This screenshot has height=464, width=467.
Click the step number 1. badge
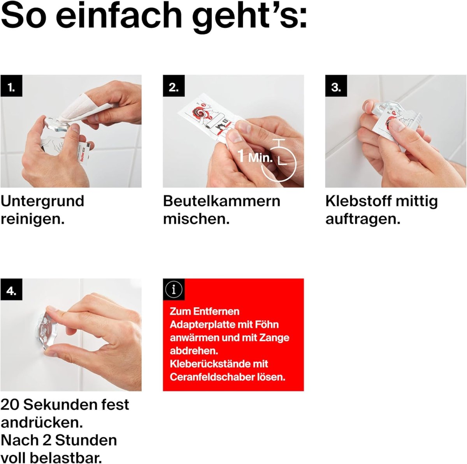(11, 86)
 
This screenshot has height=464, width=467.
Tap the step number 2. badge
(174, 86)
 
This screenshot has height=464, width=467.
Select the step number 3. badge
(336, 86)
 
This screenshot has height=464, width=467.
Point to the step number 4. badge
(11, 290)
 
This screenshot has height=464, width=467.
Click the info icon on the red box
(174, 290)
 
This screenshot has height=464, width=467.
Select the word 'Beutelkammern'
(221, 201)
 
